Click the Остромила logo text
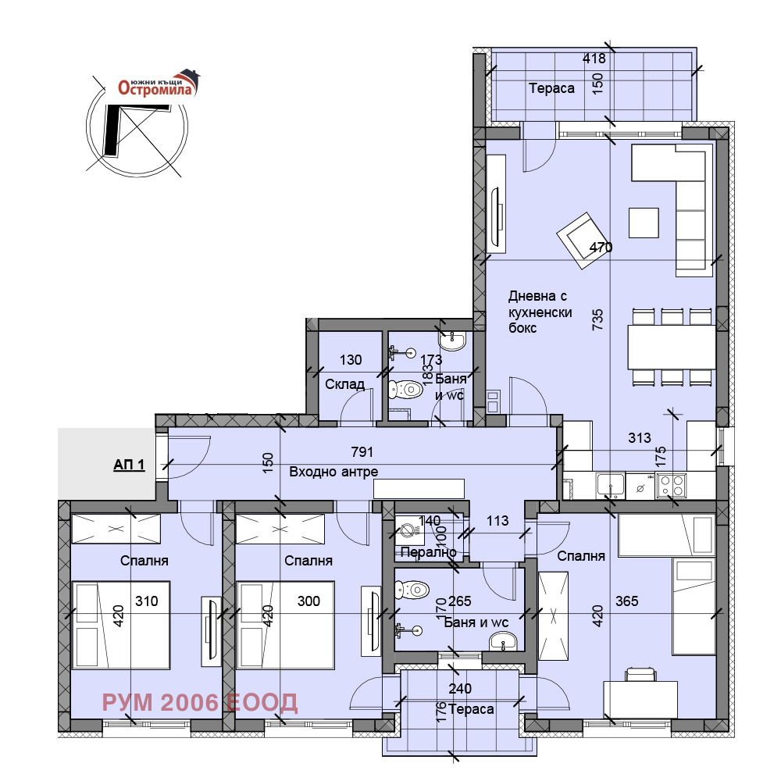click(x=155, y=88)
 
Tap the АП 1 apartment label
click(x=129, y=465)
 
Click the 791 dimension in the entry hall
click(x=362, y=451)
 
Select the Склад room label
click(x=344, y=384)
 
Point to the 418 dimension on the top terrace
click(x=594, y=59)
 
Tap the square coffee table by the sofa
click(x=644, y=223)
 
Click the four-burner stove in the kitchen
click(x=671, y=485)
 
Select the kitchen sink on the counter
click(x=611, y=486)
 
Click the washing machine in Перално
click(x=409, y=530)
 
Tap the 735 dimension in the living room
click(x=597, y=319)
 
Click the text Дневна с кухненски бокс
click(x=540, y=312)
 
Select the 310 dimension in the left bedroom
click(x=147, y=601)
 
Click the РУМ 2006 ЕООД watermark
click(x=200, y=702)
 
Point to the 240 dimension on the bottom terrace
click(x=460, y=688)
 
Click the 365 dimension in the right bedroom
click(x=626, y=601)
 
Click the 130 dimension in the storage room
click(x=351, y=359)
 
